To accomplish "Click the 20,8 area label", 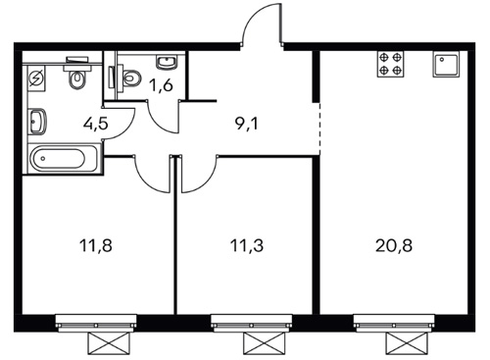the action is point(394,245).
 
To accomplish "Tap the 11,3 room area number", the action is point(247,245).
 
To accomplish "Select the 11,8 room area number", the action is point(96,245).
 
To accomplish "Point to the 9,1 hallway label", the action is point(247,124).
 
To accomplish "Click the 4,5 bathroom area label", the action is point(95,124).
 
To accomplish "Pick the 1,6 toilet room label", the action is point(161,85).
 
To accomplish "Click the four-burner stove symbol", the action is point(390,64).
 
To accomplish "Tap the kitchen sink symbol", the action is point(446,64).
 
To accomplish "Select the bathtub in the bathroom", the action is point(64,159).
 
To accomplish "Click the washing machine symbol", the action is point(36,78).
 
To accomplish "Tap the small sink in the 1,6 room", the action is point(167,62).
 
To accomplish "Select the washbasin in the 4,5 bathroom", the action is point(37,121).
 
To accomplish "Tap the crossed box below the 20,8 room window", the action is point(407,343).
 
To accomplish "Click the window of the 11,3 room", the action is point(251,323).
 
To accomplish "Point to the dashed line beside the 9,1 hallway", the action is point(319,129).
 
